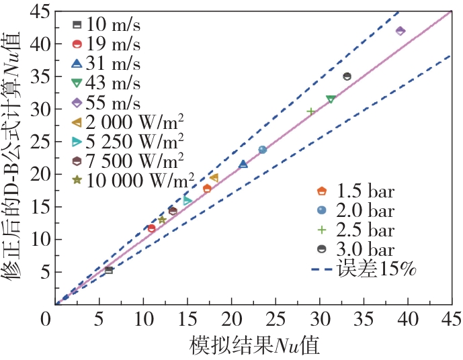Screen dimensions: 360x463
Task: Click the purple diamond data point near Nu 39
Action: (x=401, y=31)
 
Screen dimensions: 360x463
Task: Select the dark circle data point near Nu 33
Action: (x=347, y=77)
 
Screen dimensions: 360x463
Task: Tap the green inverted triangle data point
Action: (x=331, y=99)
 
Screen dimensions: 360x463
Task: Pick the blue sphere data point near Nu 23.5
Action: (x=262, y=150)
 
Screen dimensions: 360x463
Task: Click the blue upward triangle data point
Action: (x=243, y=164)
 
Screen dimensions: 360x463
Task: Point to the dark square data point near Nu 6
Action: (x=109, y=270)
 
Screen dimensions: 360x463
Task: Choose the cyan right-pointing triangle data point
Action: (x=187, y=201)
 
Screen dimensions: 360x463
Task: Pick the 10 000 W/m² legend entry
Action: (x=134, y=180)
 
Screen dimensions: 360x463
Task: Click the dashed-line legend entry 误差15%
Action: (x=364, y=269)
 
